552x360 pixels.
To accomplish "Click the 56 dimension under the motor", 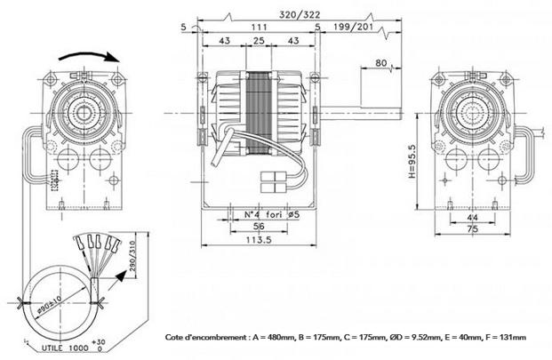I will click(259, 228).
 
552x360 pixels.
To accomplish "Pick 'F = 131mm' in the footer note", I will click(502, 338).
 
